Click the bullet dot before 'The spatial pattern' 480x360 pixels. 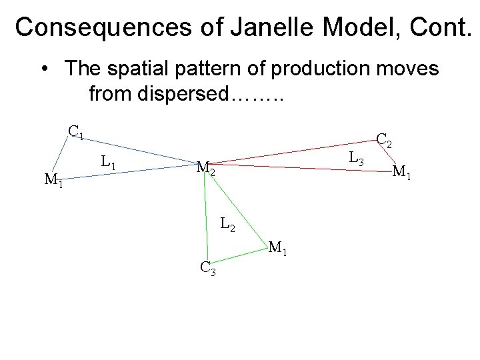click(x=43, y=69)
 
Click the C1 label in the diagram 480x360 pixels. click(x=75, y=131)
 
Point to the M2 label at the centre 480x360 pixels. click(x=205, y=169)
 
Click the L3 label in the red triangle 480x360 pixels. click(x=357, y=159)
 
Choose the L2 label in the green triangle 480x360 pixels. click(x=227, y=225)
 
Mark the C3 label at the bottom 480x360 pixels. click(x=207, y=269)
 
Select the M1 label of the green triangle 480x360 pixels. click(x=277, y=249)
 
